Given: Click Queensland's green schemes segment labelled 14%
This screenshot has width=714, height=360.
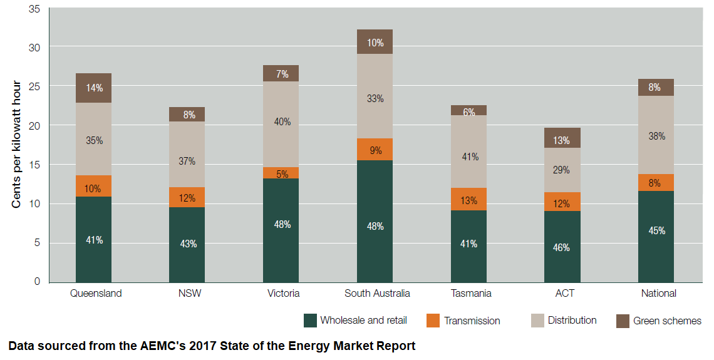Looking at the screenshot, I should pyautogui.click(x=93, y=88).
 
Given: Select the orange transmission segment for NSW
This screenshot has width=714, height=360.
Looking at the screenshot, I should pyautogui.click(x=187, y=197).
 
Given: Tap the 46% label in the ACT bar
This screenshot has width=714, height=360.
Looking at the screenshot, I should pyautogui.click(x=562, y=247).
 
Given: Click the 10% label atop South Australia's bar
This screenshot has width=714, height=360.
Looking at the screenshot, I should pyautogui.click(x=375, y=43).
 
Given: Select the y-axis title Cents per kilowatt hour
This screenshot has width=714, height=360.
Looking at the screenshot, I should pyautogui.click(x=17, y=145).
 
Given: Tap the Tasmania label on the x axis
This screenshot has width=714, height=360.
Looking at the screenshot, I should pyautogui.click(x=471, y=293).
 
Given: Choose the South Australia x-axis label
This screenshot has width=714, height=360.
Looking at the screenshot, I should pyautogui.click(x=377, y=293).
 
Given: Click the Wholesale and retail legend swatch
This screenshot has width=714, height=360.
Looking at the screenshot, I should pyautogui.click(x=310, y=321).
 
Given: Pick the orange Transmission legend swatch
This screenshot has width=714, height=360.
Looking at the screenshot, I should pyautogui.click(x=433, y=321).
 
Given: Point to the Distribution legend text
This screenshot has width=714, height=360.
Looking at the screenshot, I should pyautogui.click(x=572, y=321).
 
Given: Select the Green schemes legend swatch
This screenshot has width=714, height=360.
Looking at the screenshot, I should pyautogui.click(x=623, y=321).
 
